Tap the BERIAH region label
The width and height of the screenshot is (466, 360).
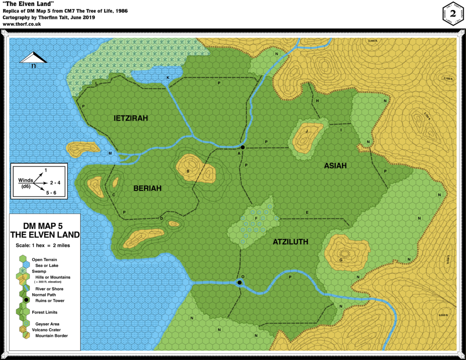(x=147, y=188)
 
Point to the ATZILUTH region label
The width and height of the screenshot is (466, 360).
(x=290, y=242)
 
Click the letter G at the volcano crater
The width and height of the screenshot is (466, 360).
(x=340, y=260)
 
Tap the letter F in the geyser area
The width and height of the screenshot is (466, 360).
(x=256, y=219)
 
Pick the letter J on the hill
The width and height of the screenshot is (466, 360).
(x=307, y=131)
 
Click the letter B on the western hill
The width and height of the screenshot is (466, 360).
(x=201, y=171)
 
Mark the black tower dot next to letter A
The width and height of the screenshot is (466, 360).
(x=243, y=147)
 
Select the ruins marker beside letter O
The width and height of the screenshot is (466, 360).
(x=239, y=283)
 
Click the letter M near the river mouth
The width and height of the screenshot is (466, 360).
(x=110, y=153)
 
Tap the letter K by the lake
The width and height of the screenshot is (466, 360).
(x=168, y=78)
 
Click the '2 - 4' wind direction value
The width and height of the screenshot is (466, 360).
(x=56, y=183)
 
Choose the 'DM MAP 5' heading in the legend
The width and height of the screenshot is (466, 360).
(x=45, y=226)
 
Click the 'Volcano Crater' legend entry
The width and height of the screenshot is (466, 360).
(x=46, y=330)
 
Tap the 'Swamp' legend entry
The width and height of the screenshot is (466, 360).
(x=39, y=271)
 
